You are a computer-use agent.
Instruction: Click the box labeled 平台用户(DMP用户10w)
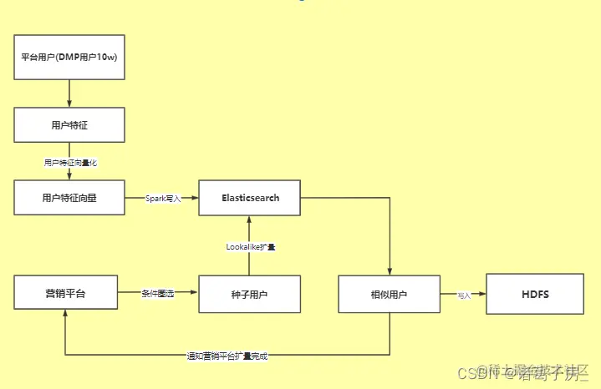click(69, 57)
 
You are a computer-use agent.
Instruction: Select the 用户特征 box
click(69, 124)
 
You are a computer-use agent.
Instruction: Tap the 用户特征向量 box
click(69, 198)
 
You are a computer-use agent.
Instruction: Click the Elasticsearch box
click(250, 198)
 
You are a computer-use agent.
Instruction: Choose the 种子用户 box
click(250, 294)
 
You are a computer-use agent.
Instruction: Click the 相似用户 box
click(389, 294)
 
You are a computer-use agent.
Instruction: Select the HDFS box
click(536, 294)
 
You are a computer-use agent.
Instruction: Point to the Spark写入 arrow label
click(163, 199)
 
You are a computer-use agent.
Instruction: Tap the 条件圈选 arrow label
click(158, 294)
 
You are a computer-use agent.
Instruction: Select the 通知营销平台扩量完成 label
click(227, 356)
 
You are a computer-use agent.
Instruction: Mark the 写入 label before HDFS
click(464, 295)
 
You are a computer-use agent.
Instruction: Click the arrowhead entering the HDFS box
click(482, 294)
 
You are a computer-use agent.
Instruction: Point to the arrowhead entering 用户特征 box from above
click(69, 104)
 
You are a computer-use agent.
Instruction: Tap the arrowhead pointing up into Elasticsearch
click(250, 220)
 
